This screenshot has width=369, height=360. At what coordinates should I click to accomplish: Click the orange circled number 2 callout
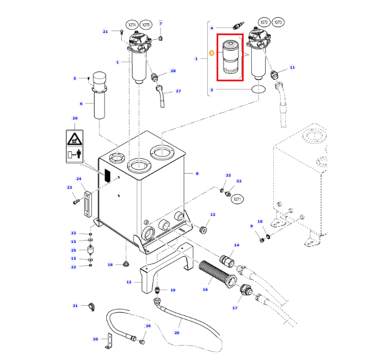pyautogui.click(x=211, y=53)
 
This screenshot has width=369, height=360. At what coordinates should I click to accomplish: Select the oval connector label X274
pyautogui.click(x=132, y=25)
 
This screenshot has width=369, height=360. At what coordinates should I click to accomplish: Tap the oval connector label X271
pyautogui.click(x=237, y=199)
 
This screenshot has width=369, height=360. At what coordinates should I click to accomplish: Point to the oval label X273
pyautogui.click(x=278, y=22)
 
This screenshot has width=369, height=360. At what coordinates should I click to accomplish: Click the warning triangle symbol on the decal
pyautogui.click(x=74, y=139)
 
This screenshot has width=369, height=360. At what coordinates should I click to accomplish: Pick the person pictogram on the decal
pyautogui.click(x=79, y=153)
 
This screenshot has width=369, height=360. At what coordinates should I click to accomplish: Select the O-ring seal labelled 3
pyautogui.click(x=258, y=89)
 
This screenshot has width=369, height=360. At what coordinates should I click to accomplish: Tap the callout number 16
pyautogui.click(x=205, y=290)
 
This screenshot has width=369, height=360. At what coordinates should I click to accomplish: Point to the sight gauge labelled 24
pyautogui.click(x=87, y=205)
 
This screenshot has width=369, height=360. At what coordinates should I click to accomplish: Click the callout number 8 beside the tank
pyautogui.click(x=197, y=174)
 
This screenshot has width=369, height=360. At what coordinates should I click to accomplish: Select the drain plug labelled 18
pyautogui.click(x=126, y=264)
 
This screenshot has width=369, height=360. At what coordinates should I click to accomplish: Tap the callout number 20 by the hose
pyautogui.click(x=177, y=333)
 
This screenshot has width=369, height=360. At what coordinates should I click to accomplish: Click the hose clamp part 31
pyautogui.click(x=91, y=306)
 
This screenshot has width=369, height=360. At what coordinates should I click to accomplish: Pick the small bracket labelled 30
pyautogui.click(x=109, y=341)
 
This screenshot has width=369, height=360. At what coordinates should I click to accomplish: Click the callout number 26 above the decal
pyautogui.click(x=75, y=118)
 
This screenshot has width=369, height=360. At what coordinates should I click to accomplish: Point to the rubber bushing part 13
pyautogui.click(x=203, y=230)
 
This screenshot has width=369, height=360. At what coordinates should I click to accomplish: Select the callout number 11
pyautogui.click(x=292, y=67)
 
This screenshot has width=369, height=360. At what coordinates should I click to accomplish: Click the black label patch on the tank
pyautogui.click(x=107, y=175)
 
